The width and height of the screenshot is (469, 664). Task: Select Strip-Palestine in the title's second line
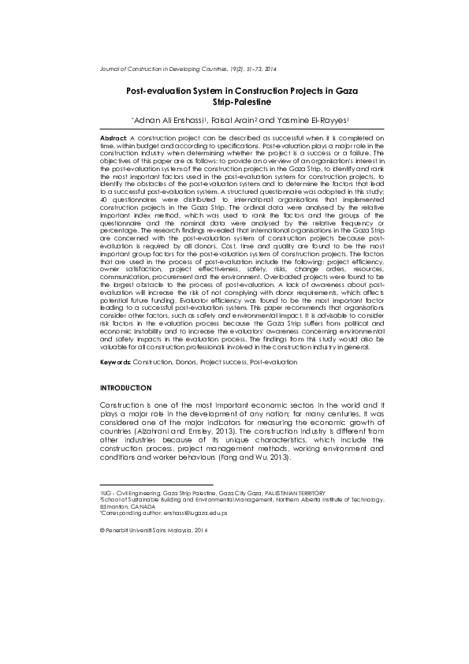pos(242,103)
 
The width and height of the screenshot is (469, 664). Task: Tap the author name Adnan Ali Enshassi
pos(169,120)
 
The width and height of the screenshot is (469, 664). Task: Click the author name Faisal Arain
pos(233,120)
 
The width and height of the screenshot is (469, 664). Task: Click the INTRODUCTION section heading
pos(125,389)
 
